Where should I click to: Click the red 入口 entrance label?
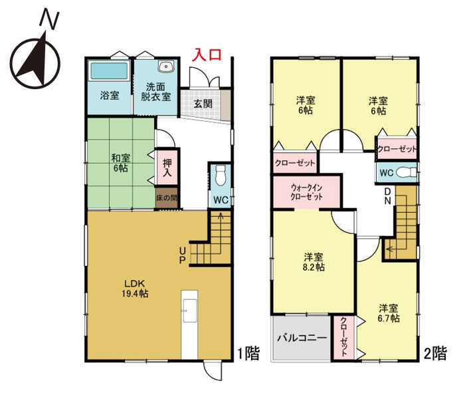[207, 55]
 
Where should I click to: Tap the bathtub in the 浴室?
[109, 71]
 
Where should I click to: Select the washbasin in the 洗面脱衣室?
[165, 66]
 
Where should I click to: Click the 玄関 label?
[203, 103]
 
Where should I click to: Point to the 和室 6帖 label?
[121, 163]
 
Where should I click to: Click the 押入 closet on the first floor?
[167, 168]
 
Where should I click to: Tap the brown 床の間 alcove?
[167, 198]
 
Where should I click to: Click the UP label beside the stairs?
[183, 255]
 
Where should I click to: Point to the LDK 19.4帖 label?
[135, 289]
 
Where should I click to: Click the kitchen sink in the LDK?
[190, 311]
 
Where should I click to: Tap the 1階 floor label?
[248, 353]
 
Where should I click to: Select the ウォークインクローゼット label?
[306, 192]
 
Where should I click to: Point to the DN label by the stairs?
[387, 196]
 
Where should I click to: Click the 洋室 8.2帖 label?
[314, 262]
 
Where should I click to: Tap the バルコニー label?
[302, 338]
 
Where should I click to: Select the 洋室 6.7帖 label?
[389, 313]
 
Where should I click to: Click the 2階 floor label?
[435, 353]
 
